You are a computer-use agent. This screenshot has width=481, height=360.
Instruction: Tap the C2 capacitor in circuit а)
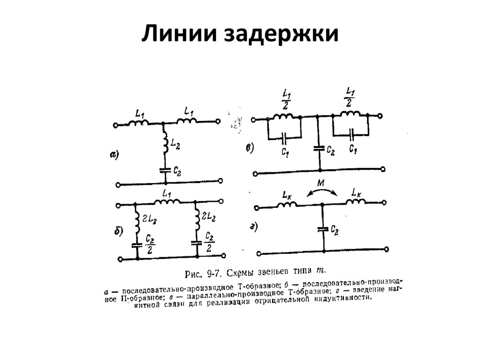164,169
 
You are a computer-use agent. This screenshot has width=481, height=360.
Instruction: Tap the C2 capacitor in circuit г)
322,229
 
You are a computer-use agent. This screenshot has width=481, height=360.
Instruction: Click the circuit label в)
249,149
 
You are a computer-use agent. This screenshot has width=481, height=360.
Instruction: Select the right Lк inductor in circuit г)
357,202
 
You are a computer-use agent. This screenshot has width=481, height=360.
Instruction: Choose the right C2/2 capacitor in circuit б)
196,242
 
